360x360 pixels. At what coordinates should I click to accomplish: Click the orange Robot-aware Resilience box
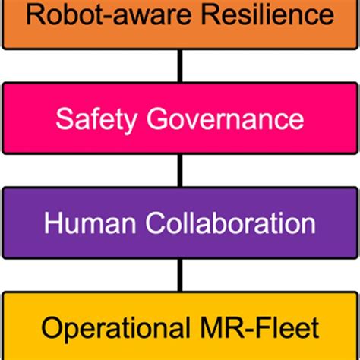(179, 23)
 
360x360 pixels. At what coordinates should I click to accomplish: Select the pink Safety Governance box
(179, 118)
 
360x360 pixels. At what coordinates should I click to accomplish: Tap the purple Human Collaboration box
(179, 223)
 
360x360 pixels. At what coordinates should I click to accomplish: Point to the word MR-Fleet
(262, 328)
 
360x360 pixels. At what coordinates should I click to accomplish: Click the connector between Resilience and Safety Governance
(180, 65)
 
